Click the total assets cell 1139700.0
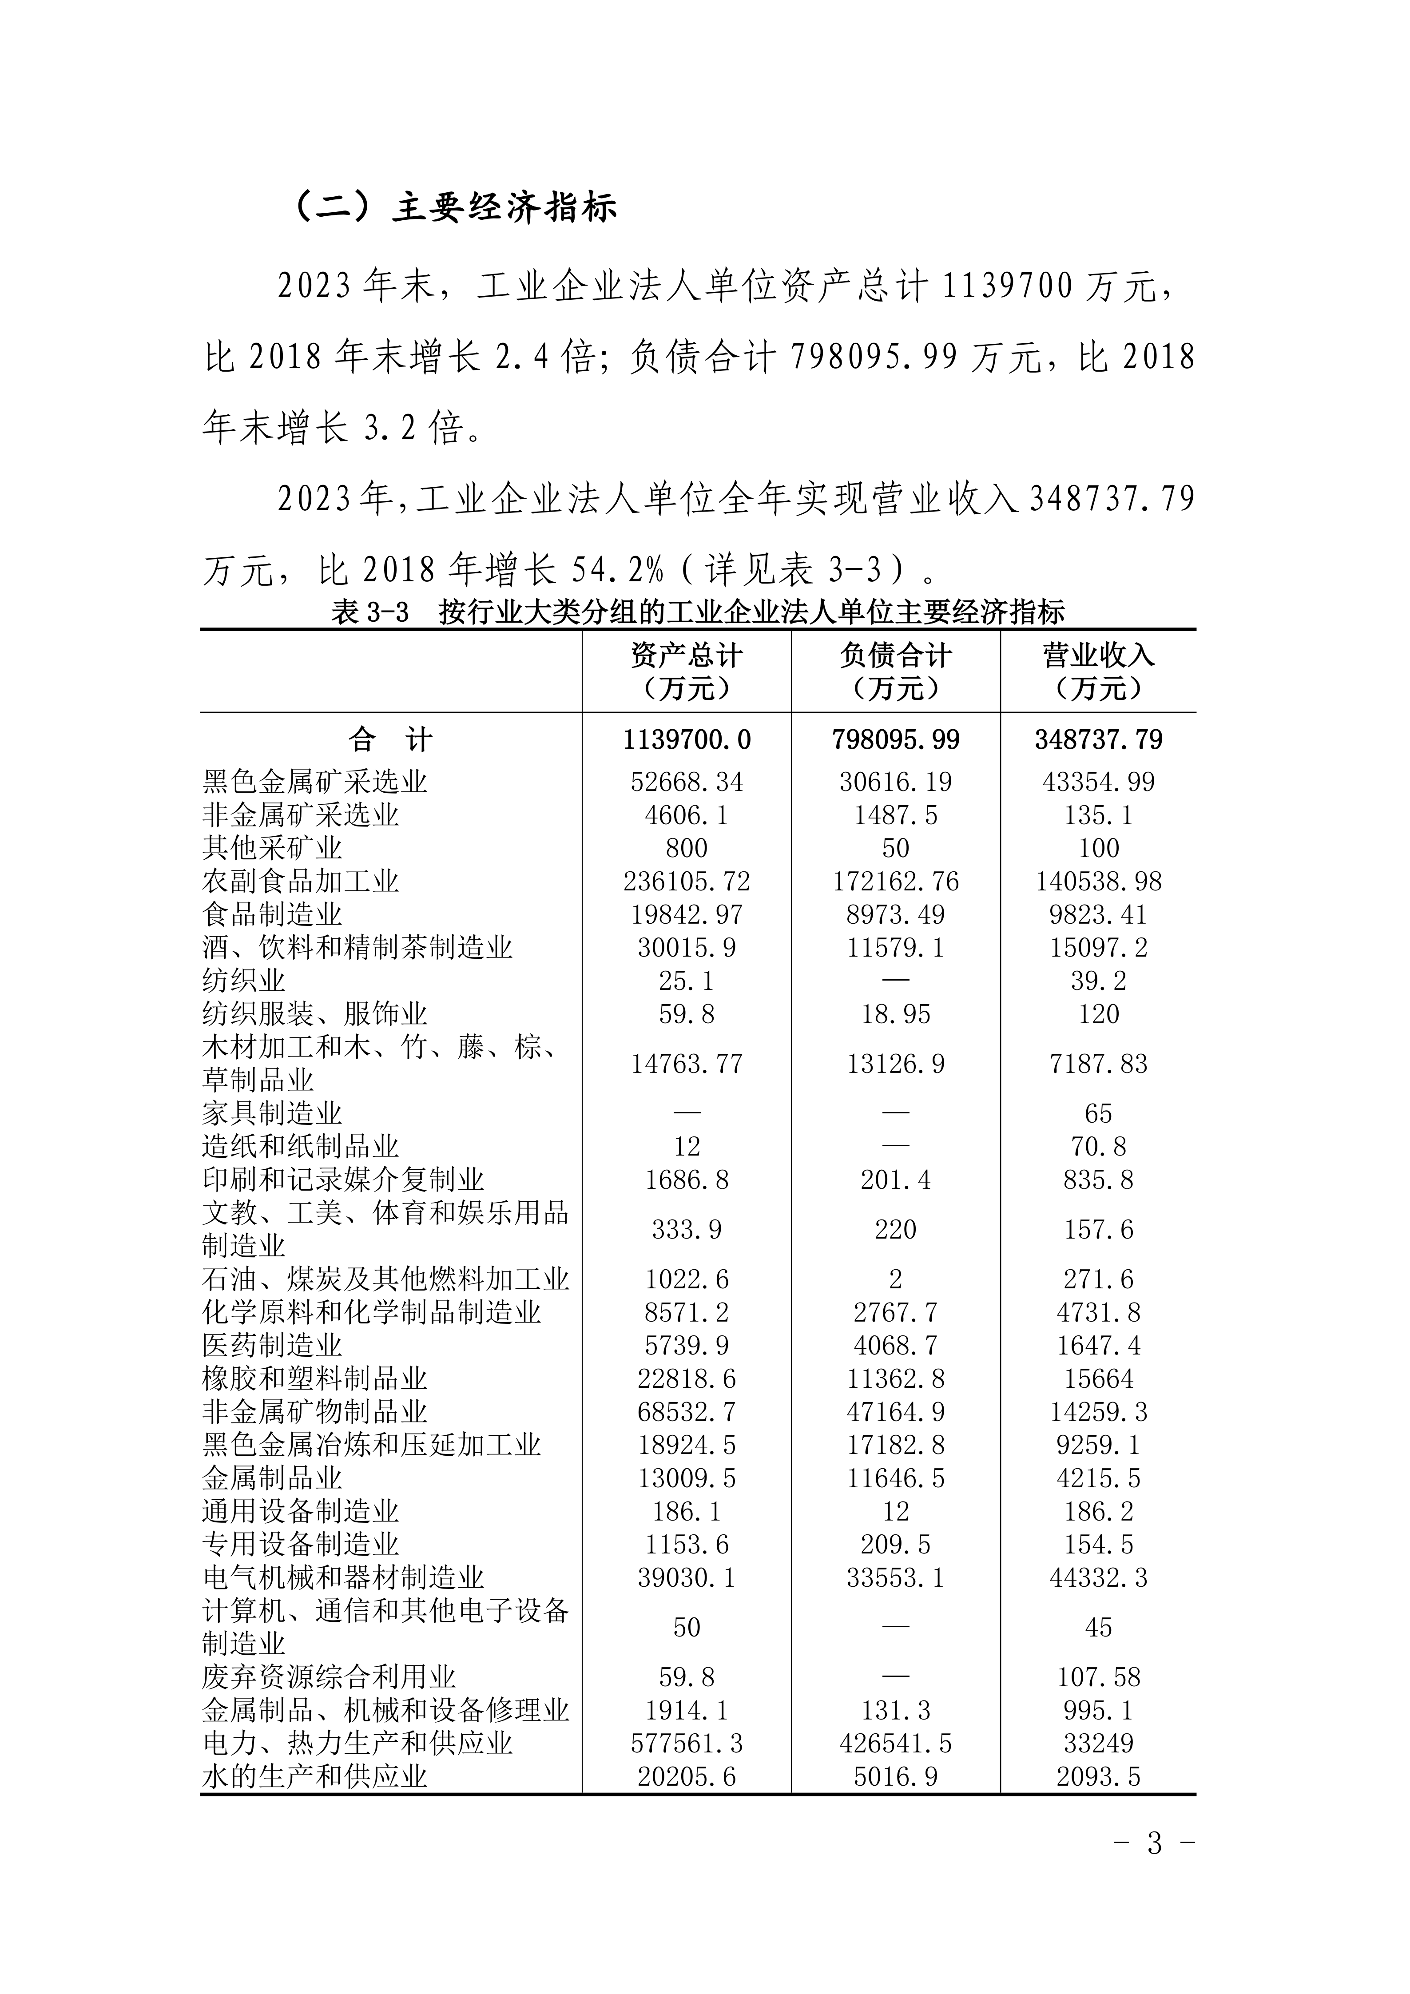coord(686,740)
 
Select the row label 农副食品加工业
coord(300,882)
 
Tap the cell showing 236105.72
coord(686,882)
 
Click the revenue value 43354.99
coord(1098,782)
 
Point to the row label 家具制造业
coord(272,1113)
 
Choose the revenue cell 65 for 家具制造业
coord(1098,1113)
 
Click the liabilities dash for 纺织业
coord(895,981)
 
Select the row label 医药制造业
coord(272,1345)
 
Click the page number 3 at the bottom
coord(1154,1867)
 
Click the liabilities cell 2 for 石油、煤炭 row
coord(895,1279)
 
